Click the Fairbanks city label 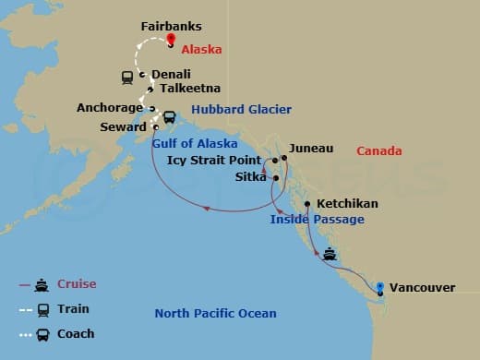tap(171, 28)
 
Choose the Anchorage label tap(110, 107)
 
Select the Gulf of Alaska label tap(194, 143)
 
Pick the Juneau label tap(311, 148)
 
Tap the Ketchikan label tap(347, 203)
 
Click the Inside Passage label tap(317, 220)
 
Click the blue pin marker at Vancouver tap(379, 286)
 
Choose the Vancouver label tap(423, 288)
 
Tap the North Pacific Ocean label tap(215, 314)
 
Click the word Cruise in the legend tap(76, 284)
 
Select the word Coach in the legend tap(76, 333)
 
